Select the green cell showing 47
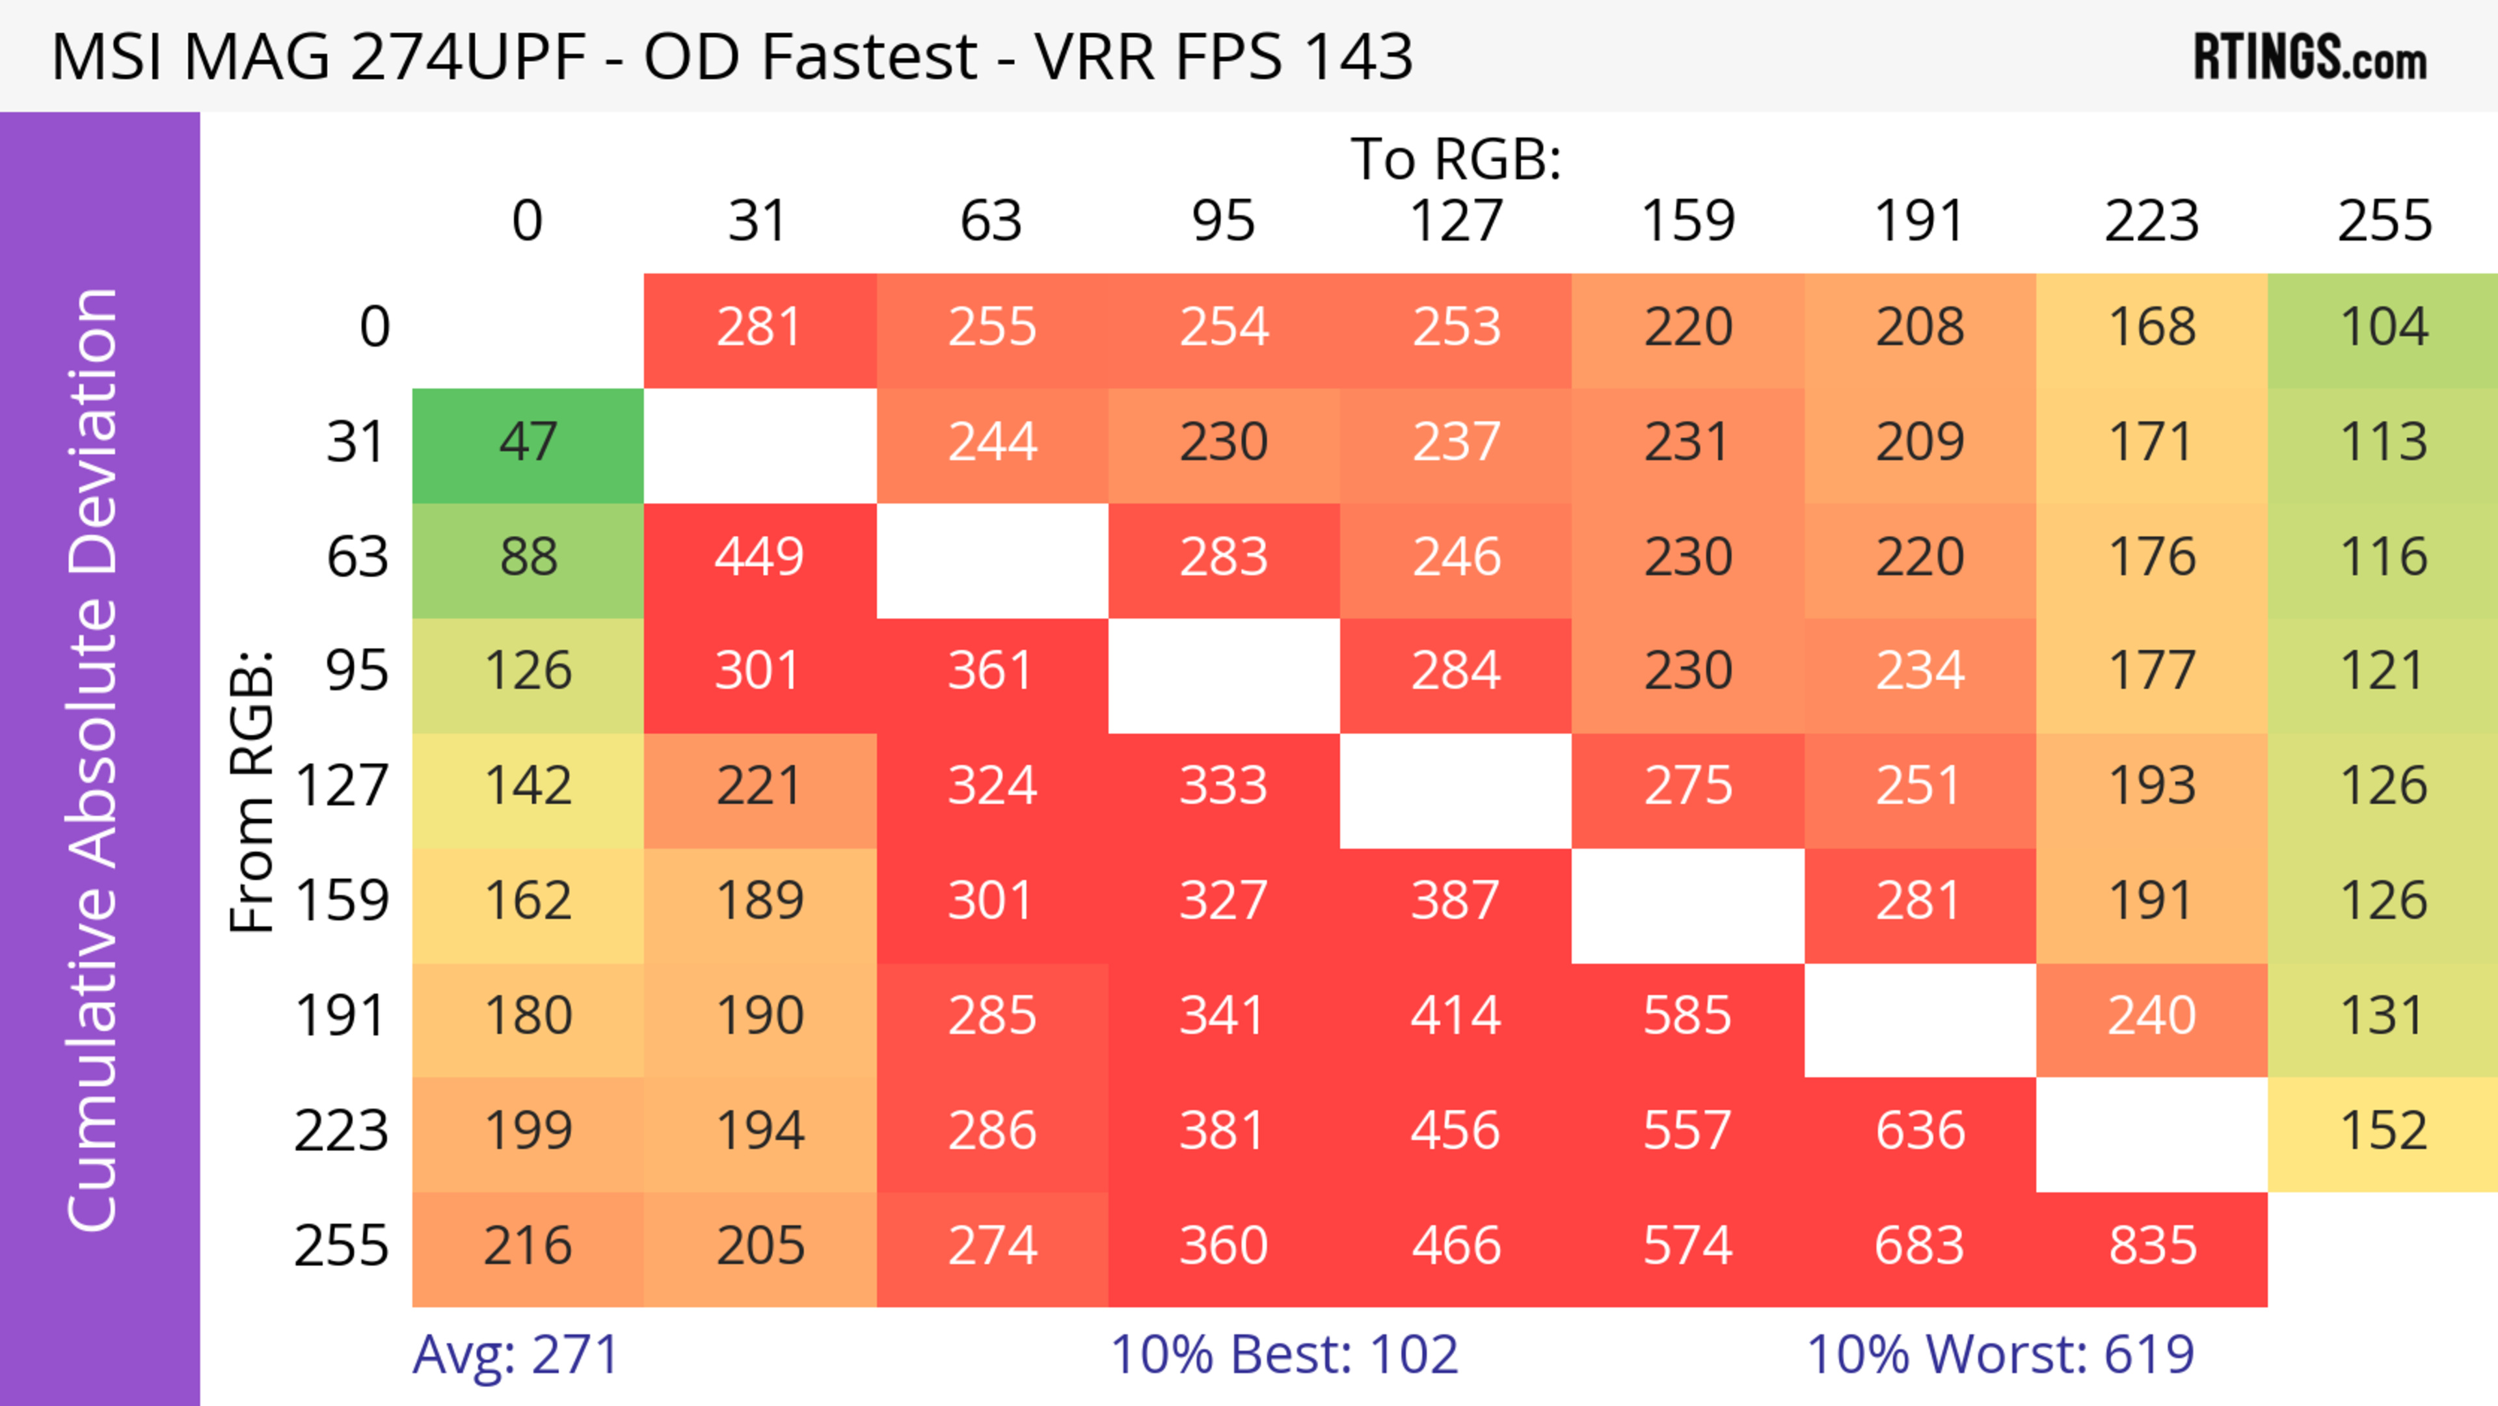528,442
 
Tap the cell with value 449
759,556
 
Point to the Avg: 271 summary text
515,1355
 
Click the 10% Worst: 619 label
2000,1355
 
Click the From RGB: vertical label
252,791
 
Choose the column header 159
1687,221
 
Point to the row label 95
357,671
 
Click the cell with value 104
2384,327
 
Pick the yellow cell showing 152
2384,1131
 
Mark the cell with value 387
1456,901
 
